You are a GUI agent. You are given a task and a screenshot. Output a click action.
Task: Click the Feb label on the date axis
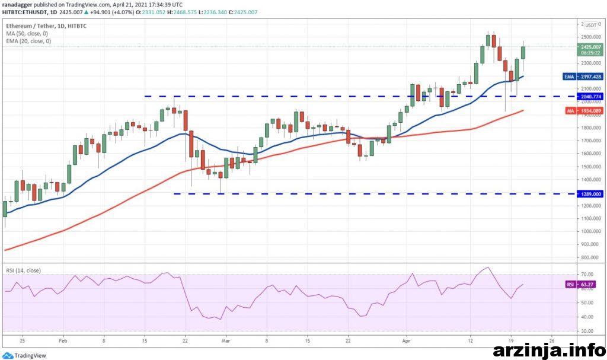[x=63, y=342]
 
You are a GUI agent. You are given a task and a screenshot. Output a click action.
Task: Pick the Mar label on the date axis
[x=225, y=342]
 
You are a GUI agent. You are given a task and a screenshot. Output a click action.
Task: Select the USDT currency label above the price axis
[x=590, y=26]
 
